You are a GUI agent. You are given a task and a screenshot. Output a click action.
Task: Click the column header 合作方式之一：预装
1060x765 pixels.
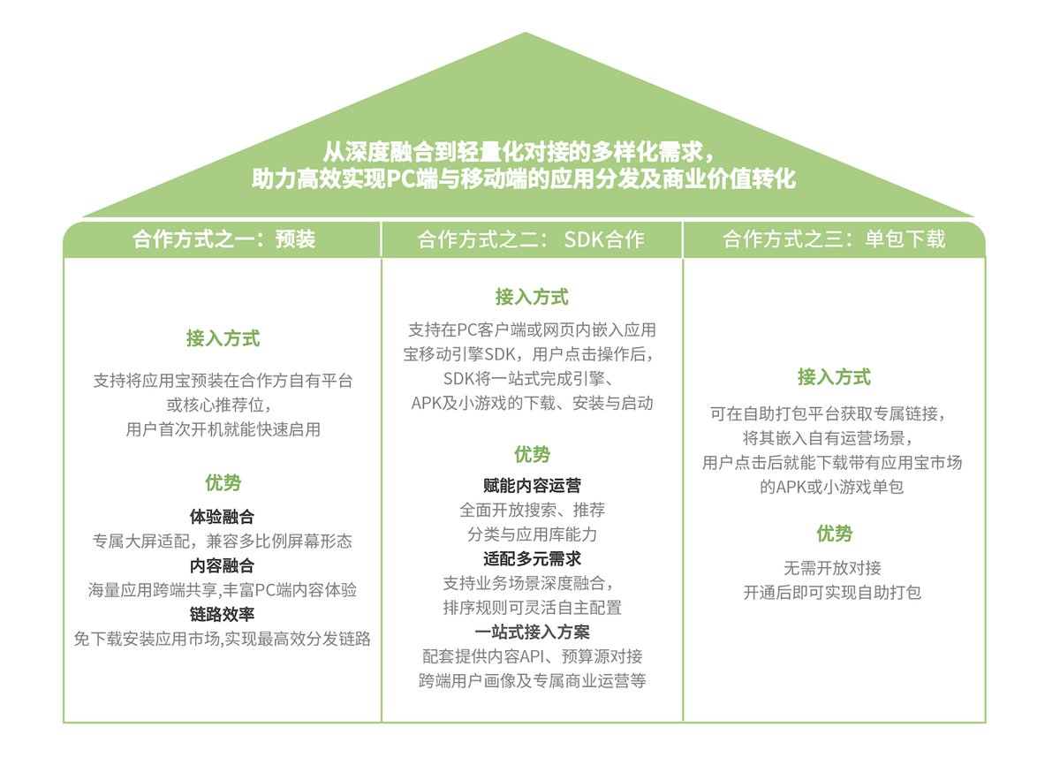[223, 239]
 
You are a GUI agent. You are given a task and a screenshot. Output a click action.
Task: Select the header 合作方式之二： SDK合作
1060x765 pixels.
[531, 239]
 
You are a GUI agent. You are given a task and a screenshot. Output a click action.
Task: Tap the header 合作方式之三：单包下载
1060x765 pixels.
[834, 239]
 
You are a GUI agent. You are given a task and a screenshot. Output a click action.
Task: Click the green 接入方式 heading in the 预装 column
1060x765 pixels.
[223, 338]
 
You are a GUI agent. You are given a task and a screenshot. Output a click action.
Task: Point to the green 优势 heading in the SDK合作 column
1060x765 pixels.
[532, 454]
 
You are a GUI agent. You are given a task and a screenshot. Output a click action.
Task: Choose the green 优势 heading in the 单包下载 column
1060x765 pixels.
[834, 534]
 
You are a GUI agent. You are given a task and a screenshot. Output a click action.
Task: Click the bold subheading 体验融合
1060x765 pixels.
[223, 516]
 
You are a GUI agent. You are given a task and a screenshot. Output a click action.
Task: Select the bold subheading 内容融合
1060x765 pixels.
[223, 565]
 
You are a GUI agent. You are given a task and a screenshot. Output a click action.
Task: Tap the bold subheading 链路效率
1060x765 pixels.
[223, 615]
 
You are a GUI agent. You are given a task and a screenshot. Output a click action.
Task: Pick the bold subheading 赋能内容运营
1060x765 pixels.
[532, 485]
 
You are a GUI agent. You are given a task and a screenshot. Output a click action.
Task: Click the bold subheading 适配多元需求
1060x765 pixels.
[532, 558]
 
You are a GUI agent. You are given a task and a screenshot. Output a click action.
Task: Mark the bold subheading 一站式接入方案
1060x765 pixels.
[532, 632]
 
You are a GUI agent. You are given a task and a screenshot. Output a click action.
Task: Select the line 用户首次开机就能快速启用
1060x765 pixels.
[223, 430]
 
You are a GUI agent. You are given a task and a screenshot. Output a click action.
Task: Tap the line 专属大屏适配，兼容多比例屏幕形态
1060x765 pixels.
[223, 541]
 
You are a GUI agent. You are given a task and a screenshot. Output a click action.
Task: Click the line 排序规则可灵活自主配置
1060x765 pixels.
[532, 608]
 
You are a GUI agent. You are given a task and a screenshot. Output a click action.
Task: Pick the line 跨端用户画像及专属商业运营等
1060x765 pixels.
[532, 681]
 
